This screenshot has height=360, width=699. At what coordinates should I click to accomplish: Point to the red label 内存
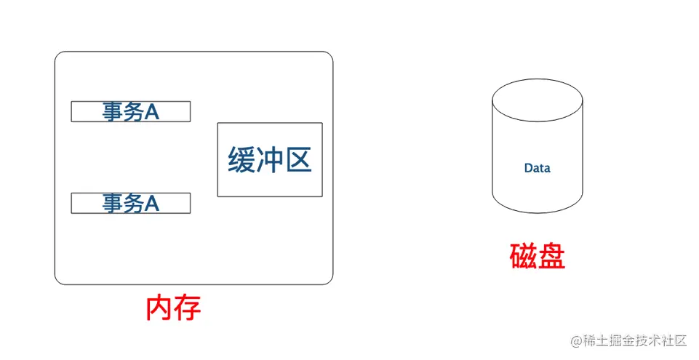[173, 308]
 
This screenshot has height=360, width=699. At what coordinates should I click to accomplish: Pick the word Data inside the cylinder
[537, 168]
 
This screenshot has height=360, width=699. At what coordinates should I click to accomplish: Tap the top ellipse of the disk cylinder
[537, 99]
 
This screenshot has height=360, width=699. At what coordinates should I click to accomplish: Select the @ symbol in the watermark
[575, 341]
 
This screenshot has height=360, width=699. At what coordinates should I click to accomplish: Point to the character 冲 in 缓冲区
[270, 160]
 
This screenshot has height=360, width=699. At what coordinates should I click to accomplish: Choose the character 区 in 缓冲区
[297, 160]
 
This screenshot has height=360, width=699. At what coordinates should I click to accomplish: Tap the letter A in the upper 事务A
[151, 111]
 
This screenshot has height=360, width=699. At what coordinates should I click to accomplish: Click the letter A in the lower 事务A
[151, 203]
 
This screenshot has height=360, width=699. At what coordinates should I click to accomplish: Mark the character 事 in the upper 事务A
[113, 111]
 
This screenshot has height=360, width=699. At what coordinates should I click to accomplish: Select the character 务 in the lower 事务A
[132, 203]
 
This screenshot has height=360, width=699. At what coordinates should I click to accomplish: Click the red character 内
[159, 308]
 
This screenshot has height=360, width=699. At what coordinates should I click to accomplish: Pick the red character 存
[187, 308]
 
